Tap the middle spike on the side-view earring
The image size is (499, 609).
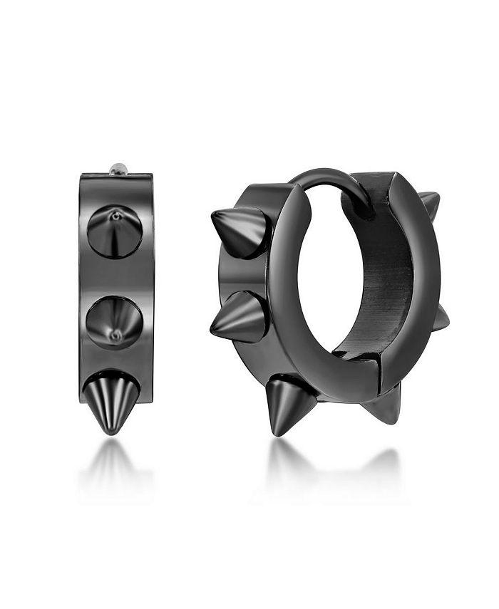tap(113, 323)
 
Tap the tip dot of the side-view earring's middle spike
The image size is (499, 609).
tap(114, 335)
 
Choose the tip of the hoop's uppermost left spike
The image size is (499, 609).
tap(214, 215)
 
